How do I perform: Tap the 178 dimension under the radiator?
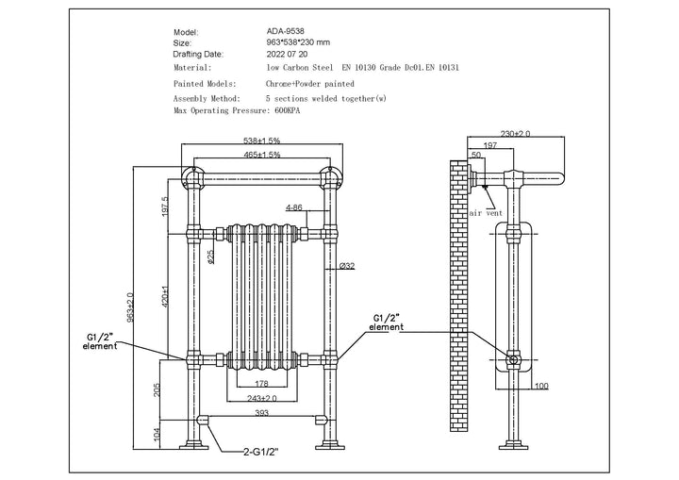coord(261,383)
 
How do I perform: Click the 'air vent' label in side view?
coord(487,213)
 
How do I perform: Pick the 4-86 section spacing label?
coord(293,207)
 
